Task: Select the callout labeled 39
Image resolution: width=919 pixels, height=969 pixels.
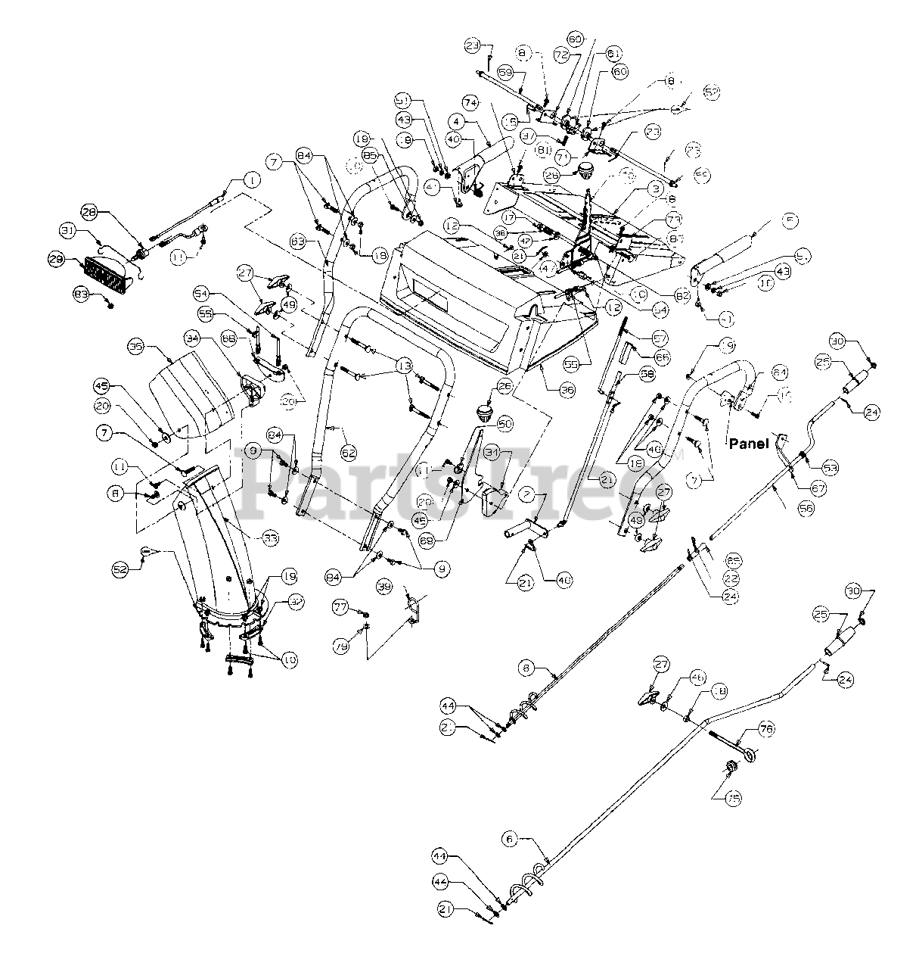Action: pyautogui.click(x=384, y=587)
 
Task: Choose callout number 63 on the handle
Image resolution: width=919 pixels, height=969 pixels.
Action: pyautogui.click(x=299, y=241)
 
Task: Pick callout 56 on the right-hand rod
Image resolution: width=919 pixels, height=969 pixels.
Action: pyautogui.click(x=806, y=509)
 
